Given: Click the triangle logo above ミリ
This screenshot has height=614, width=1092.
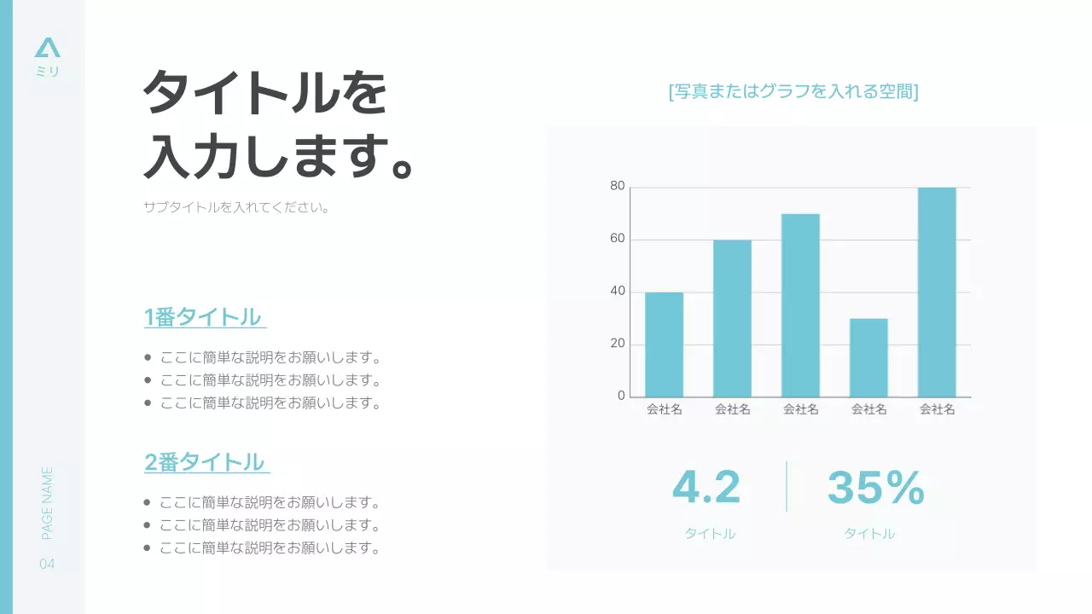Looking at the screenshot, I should point(48,48).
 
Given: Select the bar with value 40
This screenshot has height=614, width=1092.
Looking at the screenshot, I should point(664,345).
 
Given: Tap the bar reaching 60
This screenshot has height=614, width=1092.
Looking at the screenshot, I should point(732,318).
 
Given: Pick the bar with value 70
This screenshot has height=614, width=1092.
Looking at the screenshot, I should point(800,305).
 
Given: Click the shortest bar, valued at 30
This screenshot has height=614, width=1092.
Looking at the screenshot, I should point(868,357).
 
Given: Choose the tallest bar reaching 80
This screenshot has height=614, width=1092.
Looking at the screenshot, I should point(937,292).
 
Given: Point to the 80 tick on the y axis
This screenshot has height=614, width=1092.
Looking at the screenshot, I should point(618,187).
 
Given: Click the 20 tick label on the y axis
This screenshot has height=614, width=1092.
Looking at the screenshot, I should point(618,345).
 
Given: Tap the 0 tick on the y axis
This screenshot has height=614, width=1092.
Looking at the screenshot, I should point(621,397).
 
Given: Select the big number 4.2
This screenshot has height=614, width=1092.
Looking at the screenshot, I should point(706,488).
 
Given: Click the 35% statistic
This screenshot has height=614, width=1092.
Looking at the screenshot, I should point(875,488).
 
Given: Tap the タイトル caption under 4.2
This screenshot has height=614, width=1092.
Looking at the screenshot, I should point(710,534).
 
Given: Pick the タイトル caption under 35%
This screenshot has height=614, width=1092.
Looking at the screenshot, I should point(869,534).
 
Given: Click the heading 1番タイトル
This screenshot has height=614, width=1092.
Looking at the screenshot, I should point(203,317).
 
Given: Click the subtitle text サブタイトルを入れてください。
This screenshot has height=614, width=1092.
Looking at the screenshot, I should point(236,207).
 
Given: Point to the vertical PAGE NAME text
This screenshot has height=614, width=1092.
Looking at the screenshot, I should point(48,502).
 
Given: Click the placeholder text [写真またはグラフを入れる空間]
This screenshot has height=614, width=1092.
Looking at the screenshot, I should point(793,92).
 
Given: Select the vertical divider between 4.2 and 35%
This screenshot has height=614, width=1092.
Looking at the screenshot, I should point(787,487).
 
